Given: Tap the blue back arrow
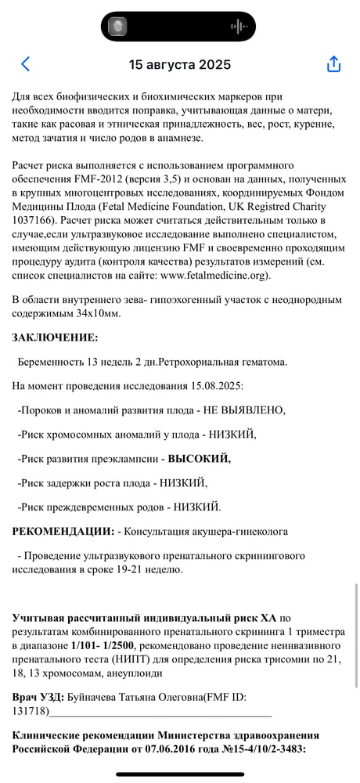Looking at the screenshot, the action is [x=27, y=64].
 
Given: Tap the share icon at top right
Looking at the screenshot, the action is [x=333, y=64].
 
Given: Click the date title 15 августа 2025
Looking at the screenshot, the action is [x=180, y=64].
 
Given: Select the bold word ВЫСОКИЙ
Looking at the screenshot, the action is [x=196, y=459].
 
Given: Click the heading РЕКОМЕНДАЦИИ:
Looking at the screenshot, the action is [x=63, y=531].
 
